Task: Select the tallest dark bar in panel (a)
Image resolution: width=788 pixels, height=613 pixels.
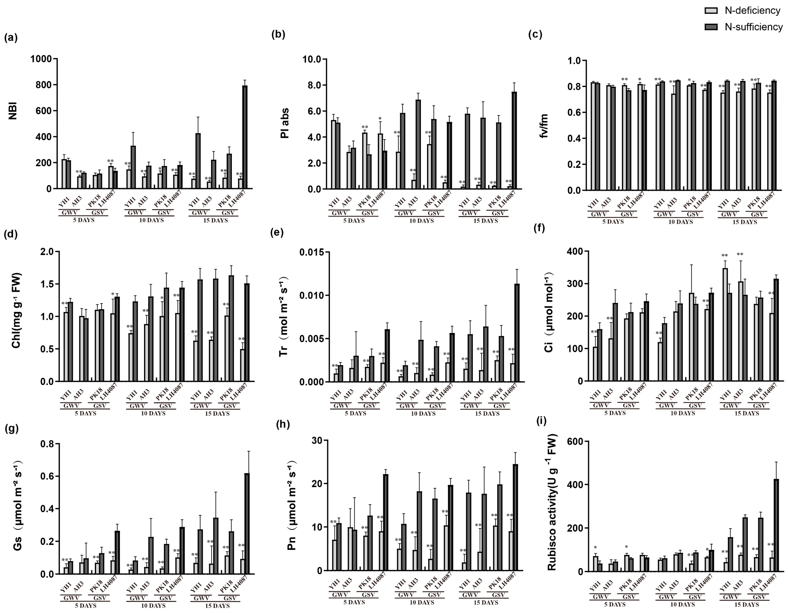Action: pos(245,137)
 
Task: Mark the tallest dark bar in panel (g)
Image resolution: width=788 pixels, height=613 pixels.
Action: pos(247,524)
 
